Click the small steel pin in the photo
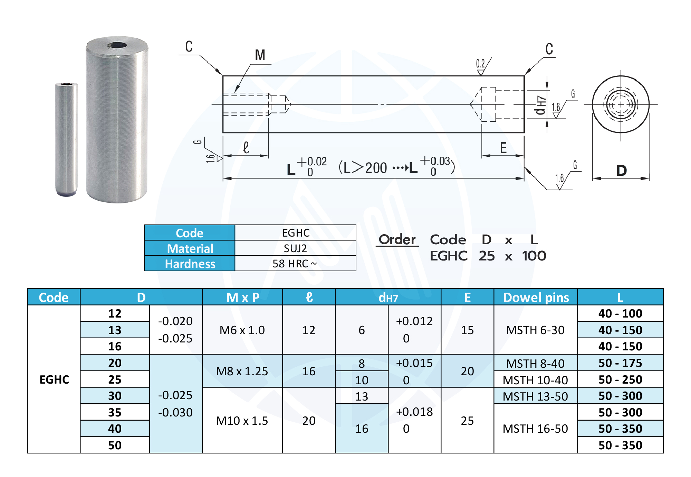[66, 139]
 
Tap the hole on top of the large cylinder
[117, 45]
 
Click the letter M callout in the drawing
[260, 55]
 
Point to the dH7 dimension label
[540, 105]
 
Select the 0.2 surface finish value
[480, 63]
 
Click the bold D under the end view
[621, 171]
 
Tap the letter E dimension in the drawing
[503, 148]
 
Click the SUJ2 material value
[295, 248]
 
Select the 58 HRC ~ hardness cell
[295, 264]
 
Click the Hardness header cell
[190, 264]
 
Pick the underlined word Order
[397, 239]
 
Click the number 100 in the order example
[534, 256]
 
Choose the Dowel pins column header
[536, 297]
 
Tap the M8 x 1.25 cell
[242, 371]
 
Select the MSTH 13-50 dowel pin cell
[536, 396]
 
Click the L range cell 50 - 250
[620, 379]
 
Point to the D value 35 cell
[115, 412]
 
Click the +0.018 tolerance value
[414, 412]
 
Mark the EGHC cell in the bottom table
[54, 379]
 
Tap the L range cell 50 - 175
[620, 363]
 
